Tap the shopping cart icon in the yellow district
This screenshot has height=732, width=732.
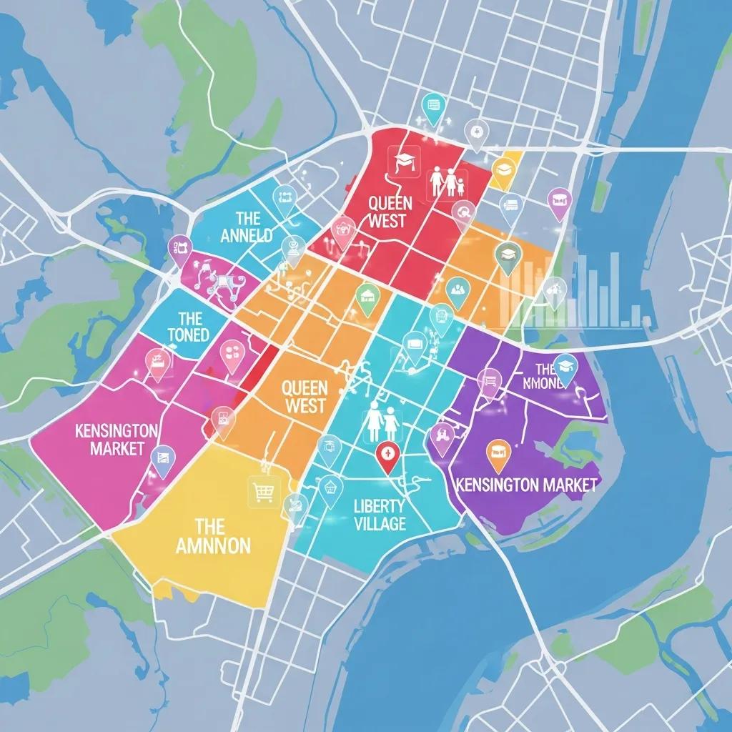(261, 491)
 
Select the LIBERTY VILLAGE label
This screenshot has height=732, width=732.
(380, 515)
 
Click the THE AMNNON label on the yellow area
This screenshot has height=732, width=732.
(213, 537)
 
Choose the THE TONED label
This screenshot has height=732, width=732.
(189, 326)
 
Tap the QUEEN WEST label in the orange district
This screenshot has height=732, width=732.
(305, 397)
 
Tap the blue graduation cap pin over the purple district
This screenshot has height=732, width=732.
(565, 365)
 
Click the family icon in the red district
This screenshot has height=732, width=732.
(447, 183)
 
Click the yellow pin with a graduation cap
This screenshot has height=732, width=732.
(505, 169)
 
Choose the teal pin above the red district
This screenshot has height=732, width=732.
(432, 106)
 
